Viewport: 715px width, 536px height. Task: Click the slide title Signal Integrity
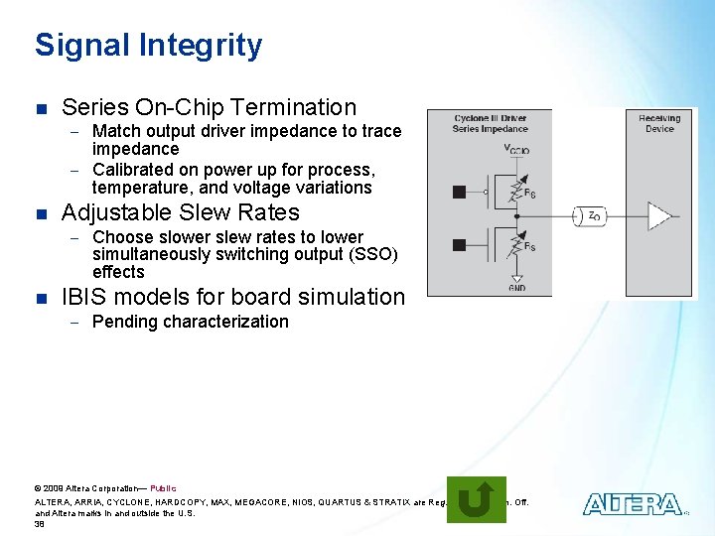(148, 46)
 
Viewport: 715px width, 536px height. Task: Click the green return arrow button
(476, 499)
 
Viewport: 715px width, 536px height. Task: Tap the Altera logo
(632, 504)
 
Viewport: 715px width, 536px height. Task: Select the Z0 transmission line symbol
(592, 215)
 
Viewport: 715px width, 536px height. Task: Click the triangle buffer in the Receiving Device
(658, 215)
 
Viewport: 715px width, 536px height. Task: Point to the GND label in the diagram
(516, 288)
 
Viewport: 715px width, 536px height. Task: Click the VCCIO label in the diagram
(516, 149)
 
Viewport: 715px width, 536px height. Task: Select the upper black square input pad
(459, 192)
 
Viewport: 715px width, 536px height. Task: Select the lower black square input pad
(459, 245)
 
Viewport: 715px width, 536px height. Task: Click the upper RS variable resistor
(516, 190)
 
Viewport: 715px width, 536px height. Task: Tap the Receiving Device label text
(659, 123)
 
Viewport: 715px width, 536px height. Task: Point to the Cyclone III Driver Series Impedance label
(490, 123)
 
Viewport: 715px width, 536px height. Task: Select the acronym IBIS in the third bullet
(85, 297)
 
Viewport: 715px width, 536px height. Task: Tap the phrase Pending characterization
(190, 322)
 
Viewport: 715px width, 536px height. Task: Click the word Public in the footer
(163, 488)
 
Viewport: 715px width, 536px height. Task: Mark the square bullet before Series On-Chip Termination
(40, 108)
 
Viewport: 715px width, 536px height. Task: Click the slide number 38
(40, 524)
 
